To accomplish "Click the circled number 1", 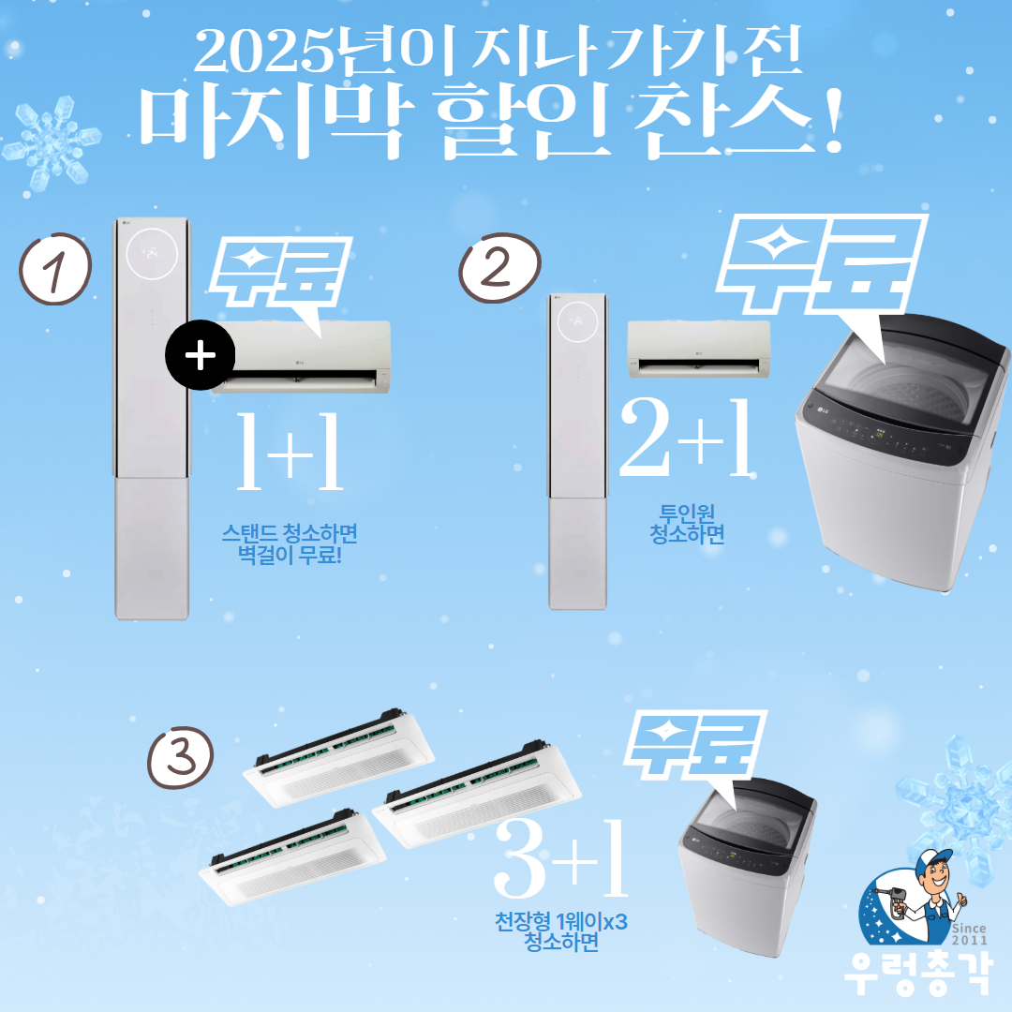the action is (55, 269).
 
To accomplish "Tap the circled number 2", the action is (499, 267).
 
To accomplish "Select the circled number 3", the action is (180, 757).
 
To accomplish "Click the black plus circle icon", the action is (201, 355).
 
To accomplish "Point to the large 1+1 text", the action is (290, 451).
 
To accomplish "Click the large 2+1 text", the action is (686, 437).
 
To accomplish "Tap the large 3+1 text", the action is (561, 857).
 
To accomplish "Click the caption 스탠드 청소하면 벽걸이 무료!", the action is (290, 543).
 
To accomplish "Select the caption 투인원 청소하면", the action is (687, 524).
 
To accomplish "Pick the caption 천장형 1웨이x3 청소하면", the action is (561, 931).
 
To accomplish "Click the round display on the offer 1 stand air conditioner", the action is (152, 253).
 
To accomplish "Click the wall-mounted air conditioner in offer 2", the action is (699, 350).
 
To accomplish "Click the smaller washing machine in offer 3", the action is (748, 866).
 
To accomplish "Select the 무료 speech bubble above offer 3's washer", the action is (695, 748).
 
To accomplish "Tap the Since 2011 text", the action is (969, 934).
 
